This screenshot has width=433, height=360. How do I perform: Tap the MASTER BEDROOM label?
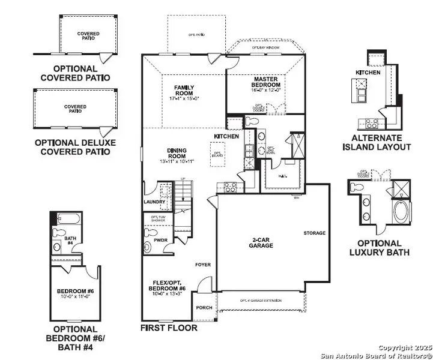coord(267,82)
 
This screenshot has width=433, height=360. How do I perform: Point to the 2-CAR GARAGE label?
coord(262,242)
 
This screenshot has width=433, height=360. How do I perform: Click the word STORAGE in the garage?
coord(314,233)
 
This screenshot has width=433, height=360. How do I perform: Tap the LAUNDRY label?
coord(154,202)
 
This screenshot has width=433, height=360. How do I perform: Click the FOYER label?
coord(202,264)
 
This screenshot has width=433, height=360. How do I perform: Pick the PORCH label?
coord(204,308)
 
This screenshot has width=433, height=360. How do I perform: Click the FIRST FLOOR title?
coord(169,328)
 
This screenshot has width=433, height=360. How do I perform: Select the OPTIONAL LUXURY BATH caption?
coord(379,248)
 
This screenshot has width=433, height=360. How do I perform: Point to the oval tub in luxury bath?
coord(399,212)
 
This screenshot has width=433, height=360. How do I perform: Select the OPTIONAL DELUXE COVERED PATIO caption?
coord(75,147)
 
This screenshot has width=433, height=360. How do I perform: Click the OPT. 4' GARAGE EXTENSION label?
coord(260,301)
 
